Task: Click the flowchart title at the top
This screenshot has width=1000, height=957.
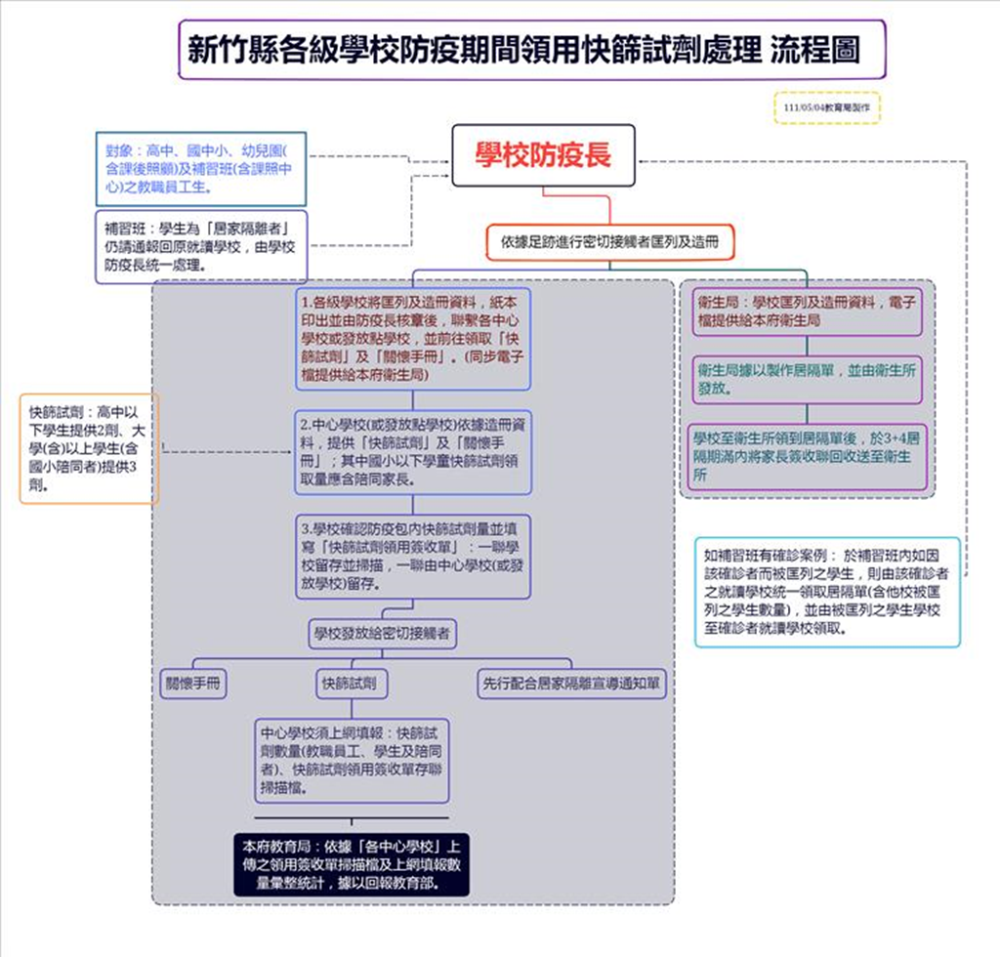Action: click(532, 50)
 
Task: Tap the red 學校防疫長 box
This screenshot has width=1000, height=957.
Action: click(543, 155)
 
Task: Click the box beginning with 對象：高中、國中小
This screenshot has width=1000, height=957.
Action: click(200, 168)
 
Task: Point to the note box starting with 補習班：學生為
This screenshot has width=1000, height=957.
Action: click(200, 247)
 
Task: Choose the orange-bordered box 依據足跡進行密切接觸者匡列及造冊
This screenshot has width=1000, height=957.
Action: click(610, 242)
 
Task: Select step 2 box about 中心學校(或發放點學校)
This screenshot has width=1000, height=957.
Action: click(413, 452)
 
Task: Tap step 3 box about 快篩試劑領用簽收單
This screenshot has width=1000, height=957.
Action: click(413, 557)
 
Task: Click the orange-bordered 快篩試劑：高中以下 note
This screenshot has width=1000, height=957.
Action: click(89, 448)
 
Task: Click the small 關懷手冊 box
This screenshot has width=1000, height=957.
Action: click(193, 684)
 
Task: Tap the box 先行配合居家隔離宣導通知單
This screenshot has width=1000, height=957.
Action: click(571, 684)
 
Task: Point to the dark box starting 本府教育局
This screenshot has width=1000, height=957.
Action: click(352, 863)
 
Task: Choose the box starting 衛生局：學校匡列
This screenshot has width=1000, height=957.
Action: click(806, 311)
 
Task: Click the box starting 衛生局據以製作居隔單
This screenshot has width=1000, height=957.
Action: click(806, 380)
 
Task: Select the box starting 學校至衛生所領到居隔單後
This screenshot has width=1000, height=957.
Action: click(806, 456)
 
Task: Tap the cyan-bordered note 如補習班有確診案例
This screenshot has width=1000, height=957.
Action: click(826, 592)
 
